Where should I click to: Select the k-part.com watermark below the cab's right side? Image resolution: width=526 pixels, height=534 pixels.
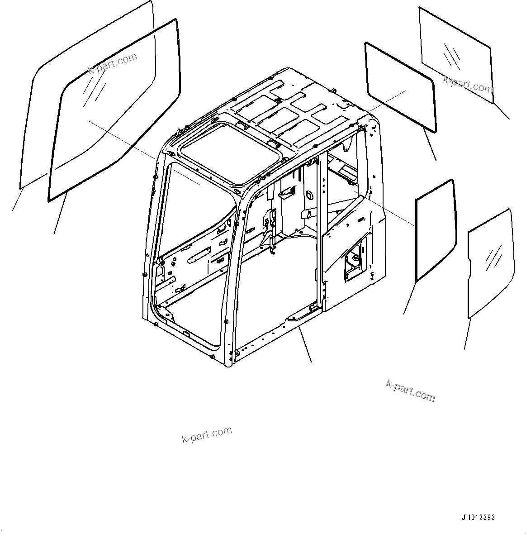pyautogui.click(x=410, y=390)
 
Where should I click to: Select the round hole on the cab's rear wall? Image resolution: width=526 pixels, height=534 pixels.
pyautogui.click(x=310, y=195)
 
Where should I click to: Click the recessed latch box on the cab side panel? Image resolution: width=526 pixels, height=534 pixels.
pyautogui.click(x=355, y=262)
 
